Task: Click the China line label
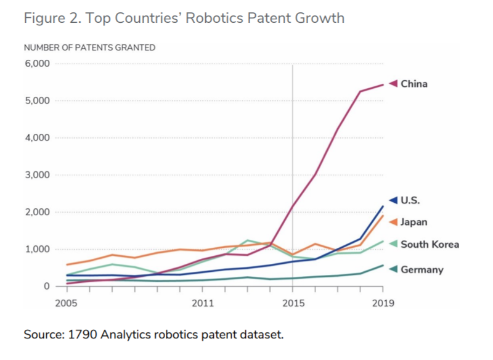[x=414, y=83]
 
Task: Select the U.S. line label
[x=410, y=200]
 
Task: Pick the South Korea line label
[x=430, y=244]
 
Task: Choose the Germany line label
[x=422, y=269]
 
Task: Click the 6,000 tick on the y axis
[x=37, y=63]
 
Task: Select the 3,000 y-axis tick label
[x=37, y=175]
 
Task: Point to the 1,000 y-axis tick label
[x=37, y=249]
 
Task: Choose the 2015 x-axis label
[x=292, y=303]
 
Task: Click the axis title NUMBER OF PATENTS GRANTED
[x=89, y=47]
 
